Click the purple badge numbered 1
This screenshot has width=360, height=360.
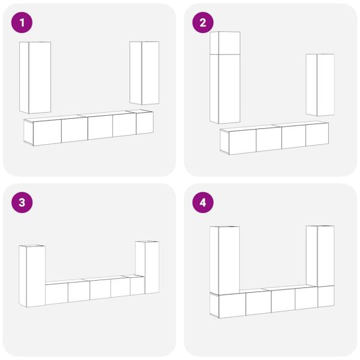coord(22,23)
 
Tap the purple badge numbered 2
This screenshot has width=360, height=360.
coord(202,23)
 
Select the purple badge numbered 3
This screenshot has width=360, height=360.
coord(22,202)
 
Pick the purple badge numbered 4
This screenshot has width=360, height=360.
coord(202,202)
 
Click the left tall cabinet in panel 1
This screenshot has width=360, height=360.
coord(36,78)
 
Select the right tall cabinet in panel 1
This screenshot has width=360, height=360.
coord(145,73)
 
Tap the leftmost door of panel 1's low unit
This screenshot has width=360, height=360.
coord(47,132)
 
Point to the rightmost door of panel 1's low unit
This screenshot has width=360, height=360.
coord(145,122)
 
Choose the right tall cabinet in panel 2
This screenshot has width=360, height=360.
coord(320,85)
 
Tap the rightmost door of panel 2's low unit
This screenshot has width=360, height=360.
coord(317,134)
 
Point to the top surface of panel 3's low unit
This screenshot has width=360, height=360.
coord(90,279)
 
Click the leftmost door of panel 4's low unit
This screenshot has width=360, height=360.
coord(232,304)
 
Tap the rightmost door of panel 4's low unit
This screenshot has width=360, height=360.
coord(326,296)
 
